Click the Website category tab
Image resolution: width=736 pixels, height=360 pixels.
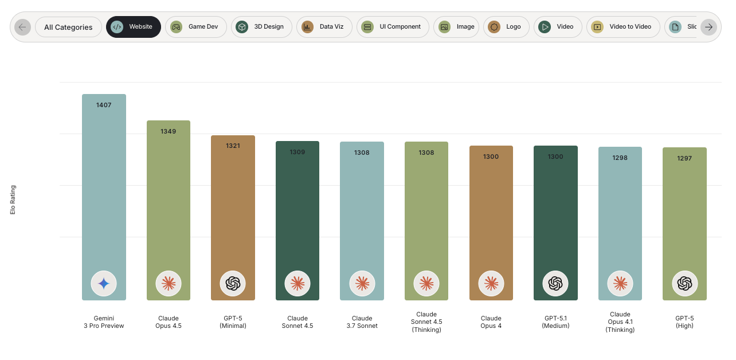point(133,27)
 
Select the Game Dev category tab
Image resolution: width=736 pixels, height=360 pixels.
point(195,27)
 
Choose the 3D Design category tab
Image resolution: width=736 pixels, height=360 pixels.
point(261,27)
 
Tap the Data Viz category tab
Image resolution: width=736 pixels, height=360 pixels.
point(324,27)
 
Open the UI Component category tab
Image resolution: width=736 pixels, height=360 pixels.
point(393,27)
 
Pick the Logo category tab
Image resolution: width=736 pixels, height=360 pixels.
point(505,27)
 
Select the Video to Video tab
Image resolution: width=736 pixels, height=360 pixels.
point(623,27)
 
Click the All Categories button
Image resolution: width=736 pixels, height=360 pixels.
point(68,27)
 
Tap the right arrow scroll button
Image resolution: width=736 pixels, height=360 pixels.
point(708,27)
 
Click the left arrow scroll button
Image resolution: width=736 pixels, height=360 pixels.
point(22,27)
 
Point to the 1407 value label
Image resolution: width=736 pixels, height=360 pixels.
point(104,105)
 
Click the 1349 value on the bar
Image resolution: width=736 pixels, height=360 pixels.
point(169,131)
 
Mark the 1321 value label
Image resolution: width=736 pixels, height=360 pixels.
point(233,146)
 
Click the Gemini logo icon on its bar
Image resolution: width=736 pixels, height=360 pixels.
point(104,283)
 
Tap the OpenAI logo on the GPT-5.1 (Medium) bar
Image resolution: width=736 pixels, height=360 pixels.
point(555,283)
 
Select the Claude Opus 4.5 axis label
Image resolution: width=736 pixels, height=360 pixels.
point(169,322)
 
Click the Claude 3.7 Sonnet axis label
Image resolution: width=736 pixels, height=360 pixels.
point(362,322)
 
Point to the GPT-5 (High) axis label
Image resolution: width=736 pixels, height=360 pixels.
point(684,322)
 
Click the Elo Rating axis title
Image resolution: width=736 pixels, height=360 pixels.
point(13,199)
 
